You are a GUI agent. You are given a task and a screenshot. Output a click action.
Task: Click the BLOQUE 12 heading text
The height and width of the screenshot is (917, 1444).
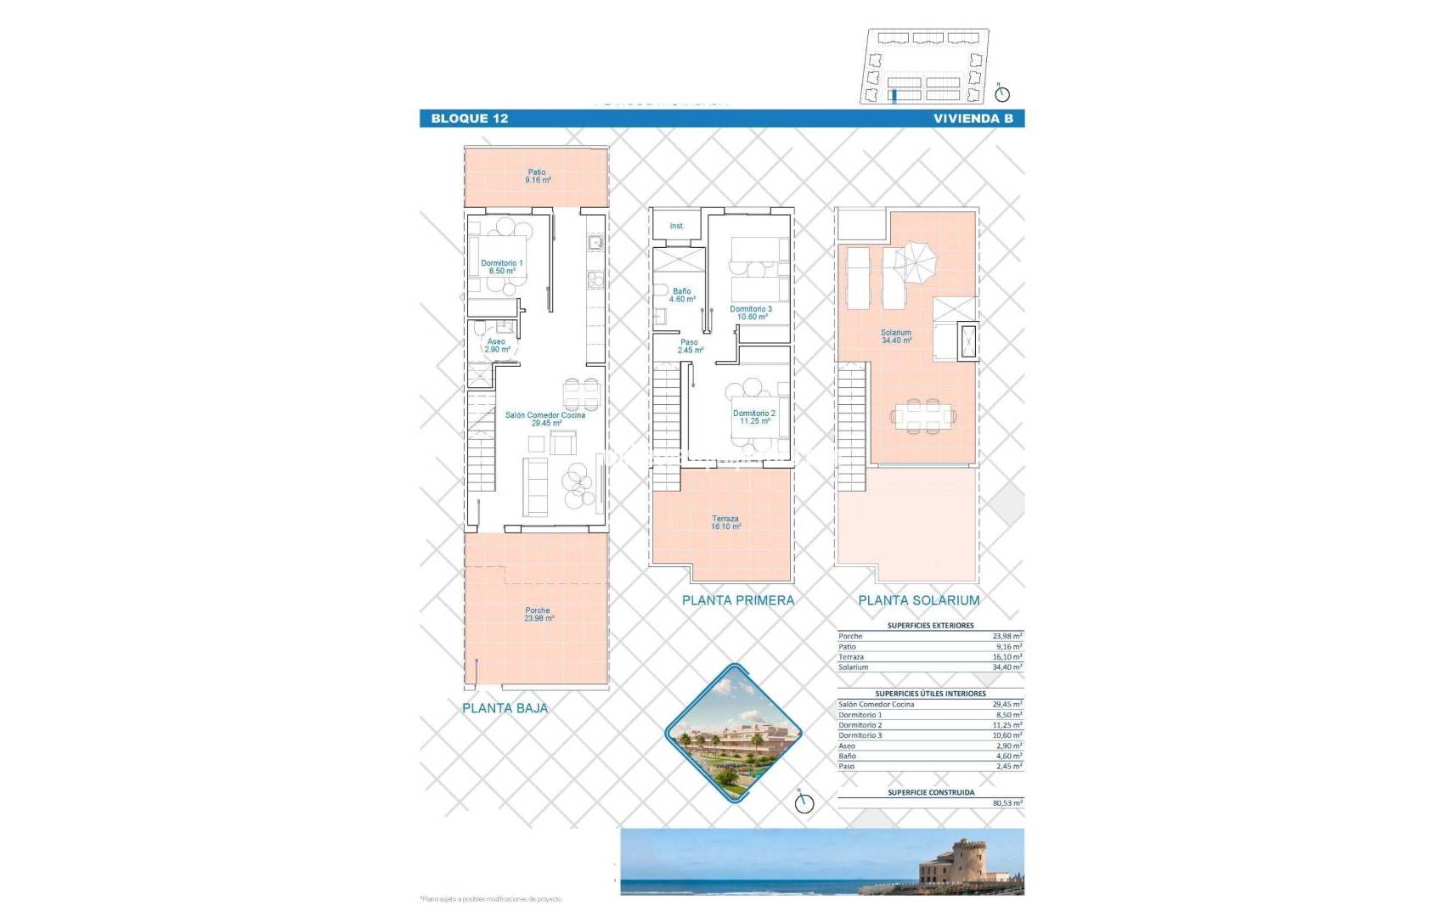[469, 119]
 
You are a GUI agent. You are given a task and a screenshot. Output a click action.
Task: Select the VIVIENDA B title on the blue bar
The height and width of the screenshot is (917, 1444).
[973, 119]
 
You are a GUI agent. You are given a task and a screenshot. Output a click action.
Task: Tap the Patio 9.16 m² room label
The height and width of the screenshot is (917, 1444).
[538, 177]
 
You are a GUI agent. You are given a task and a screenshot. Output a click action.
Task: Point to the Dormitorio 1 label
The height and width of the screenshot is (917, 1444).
[502, 267]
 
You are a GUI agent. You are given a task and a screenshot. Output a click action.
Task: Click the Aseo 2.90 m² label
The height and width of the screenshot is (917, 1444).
[497, 346]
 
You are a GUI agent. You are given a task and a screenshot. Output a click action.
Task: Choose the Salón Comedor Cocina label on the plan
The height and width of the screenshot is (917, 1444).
[544, 419]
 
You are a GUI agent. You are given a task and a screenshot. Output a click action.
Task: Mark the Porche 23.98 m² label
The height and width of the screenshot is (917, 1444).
[539, 614]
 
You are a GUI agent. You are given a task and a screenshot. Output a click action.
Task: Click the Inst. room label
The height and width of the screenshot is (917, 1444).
[677, 226]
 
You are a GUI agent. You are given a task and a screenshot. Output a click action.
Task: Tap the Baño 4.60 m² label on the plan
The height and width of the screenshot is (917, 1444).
[682, 295]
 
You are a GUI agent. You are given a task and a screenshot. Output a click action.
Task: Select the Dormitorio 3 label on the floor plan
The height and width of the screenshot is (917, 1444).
[752, 312]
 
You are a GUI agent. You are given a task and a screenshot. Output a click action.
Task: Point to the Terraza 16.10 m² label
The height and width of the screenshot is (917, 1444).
[725, 522]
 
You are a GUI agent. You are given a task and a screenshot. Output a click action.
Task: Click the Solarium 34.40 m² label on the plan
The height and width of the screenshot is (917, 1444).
[896, 336]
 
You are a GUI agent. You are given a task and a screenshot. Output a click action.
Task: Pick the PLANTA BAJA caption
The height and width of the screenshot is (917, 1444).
[505, 708]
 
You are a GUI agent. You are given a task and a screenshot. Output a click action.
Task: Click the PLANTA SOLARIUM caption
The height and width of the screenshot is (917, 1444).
[918, 600]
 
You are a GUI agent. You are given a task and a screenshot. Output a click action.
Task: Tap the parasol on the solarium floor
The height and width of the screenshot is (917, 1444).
[916, 263]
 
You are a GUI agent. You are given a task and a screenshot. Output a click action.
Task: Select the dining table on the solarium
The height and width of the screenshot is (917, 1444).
[923, 416]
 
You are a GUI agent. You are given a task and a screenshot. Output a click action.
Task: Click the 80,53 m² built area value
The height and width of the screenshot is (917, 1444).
[1007, 803]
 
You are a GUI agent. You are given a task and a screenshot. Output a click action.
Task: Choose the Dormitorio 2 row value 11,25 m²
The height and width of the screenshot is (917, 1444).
[1007, 725]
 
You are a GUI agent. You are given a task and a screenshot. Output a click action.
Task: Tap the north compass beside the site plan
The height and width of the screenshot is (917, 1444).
[1002, 93]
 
